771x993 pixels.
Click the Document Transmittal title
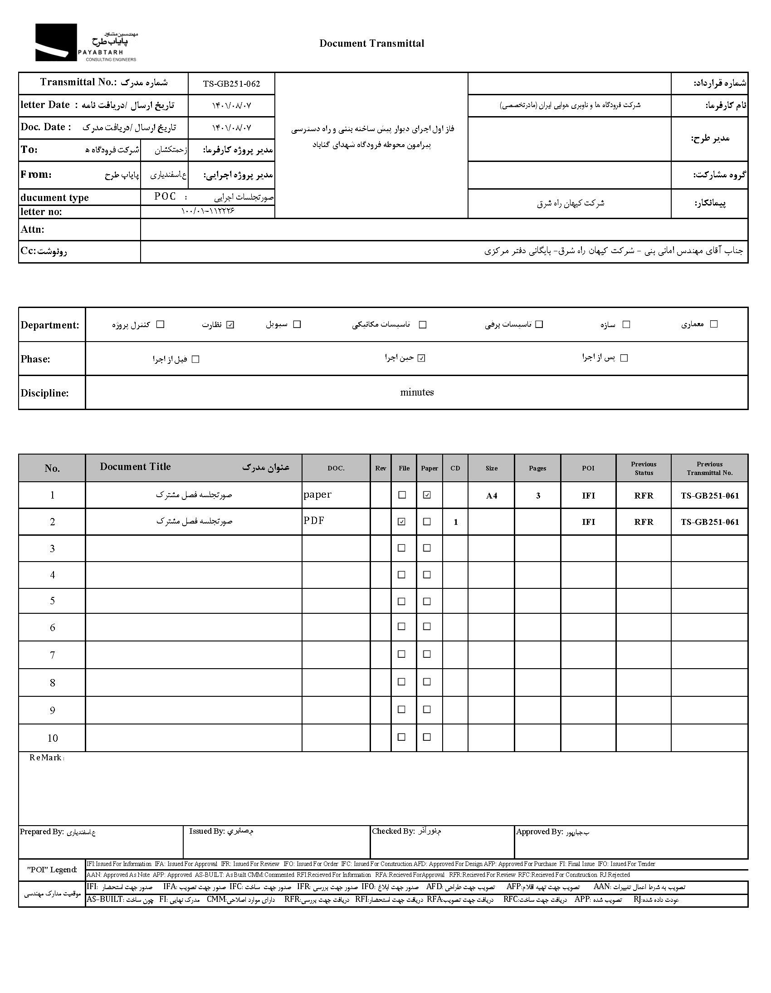point(371,44)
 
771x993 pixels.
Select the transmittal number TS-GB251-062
point(231,83)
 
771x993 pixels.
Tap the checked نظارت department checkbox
point(230,325)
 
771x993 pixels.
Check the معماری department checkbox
point(714,324)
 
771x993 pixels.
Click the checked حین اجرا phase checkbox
point(421,358)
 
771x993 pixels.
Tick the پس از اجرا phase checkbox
point(624,358)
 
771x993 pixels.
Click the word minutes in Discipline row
point(417,392)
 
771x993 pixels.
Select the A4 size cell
point(492,495)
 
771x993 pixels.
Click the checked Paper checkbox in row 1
point(427,495)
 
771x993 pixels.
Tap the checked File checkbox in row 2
point(401,522)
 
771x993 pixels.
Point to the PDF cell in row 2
point(314,521)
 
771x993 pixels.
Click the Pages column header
point(537,468)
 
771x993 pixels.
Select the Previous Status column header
point(644,468)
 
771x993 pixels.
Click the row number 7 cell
point(52,655)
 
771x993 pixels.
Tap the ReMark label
point(47,758)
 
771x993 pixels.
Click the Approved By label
point(540,832)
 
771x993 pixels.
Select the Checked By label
point(393,831)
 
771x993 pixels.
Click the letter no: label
point(41,212)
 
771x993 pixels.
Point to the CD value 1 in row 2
point(455,522)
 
